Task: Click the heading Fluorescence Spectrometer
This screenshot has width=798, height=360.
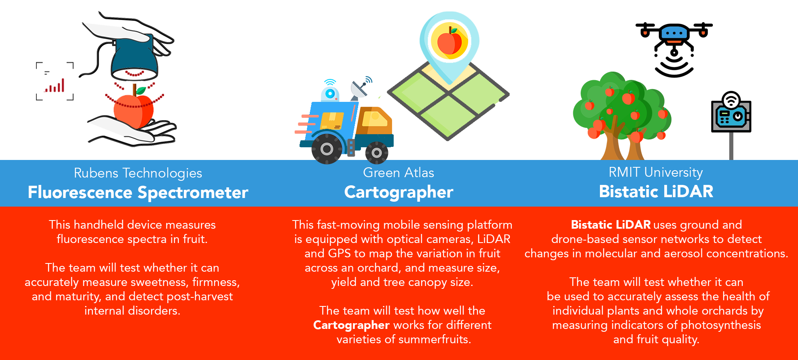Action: click(138, 192)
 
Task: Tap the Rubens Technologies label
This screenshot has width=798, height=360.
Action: click(138, 173)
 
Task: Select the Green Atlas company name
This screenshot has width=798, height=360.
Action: click(398, 173)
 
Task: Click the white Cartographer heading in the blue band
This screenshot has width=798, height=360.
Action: click(399, 192)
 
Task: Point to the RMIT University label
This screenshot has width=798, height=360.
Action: click(656, 172)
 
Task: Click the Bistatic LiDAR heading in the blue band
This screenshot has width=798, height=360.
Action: click(656, 191)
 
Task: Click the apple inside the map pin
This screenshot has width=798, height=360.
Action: click(449, 42)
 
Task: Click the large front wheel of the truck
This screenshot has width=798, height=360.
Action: click(327, 149)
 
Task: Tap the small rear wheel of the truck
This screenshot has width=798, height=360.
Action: click(376, 153)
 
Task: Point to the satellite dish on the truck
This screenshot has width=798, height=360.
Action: click(359, 88)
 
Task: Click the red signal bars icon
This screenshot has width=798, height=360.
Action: click(55, 86)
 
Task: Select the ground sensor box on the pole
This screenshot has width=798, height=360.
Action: click(731, 116)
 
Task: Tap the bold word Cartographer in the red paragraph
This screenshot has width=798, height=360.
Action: click(351, 325)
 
